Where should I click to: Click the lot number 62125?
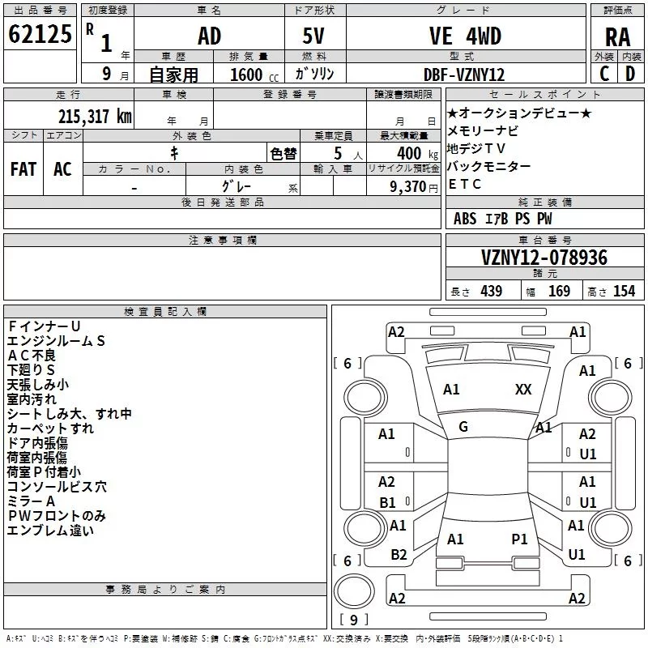pyautogui.click(x=40, y=34)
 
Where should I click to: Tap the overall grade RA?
pyautogui.click(x=618, y=37)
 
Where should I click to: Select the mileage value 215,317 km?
pyautogui.click(x=95, y=117)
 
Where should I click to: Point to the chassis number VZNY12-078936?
pyautogui.click(x=544, y=258)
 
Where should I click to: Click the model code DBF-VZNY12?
pyautogui.click(x=464, y=75)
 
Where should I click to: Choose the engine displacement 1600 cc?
pyautogui.click(x=254, y=75)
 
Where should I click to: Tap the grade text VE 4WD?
pyautogui.click(x=465, y=36)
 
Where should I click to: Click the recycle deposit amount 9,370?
pyautogui.click(x=408, y=187)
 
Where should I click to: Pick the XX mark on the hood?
pyautogui.click(x=523, y=390)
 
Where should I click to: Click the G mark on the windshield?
pyautogui.click(x=463, y=427)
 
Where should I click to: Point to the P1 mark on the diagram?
pyautogui.click(x=519, y=539)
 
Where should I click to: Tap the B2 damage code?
pyautogui.click(x=399, y=555)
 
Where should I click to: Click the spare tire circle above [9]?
pyautogui.click(x=354, y=591)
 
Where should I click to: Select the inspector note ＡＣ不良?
pyautogui.click(x=32, y=356)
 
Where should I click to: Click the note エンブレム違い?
pyautogui.click(x=50, y=531)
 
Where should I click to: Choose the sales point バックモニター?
pyautogui.click(x=489, y=166)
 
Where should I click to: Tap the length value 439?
pyautogui.click(x=492, y=291)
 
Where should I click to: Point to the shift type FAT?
pyautogui.click(x=23, y=169)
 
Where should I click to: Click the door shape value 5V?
pyautogui.click(x=313, y=36)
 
